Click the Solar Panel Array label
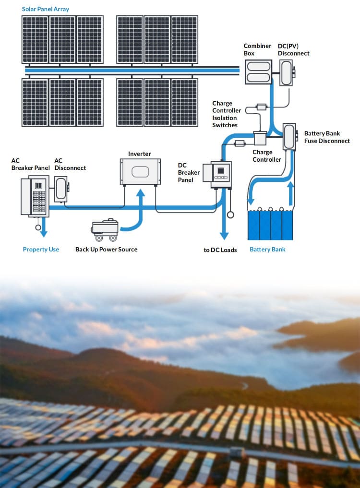pos(46,9)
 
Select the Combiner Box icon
pos(258,72)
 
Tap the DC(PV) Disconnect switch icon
pos(287,73)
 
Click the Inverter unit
pos(140,172)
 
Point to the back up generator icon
pos(105,230)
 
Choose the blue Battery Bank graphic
pos(270,225)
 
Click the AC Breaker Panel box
pos(35,196)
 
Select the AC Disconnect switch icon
pos(61,189)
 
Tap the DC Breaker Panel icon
pos(217,174)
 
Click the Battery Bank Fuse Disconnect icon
pos(289,137)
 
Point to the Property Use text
pos(41,250)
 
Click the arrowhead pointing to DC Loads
pos(224,236)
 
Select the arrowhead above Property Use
pos(44,233)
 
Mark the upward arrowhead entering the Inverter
pos(141,193)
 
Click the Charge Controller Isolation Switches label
pos(227,114)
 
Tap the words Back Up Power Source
pos(106,250)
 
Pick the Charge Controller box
pos(260,138)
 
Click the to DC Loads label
pos(220,250)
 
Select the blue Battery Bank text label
pos(267,250)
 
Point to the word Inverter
pos(139,154)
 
